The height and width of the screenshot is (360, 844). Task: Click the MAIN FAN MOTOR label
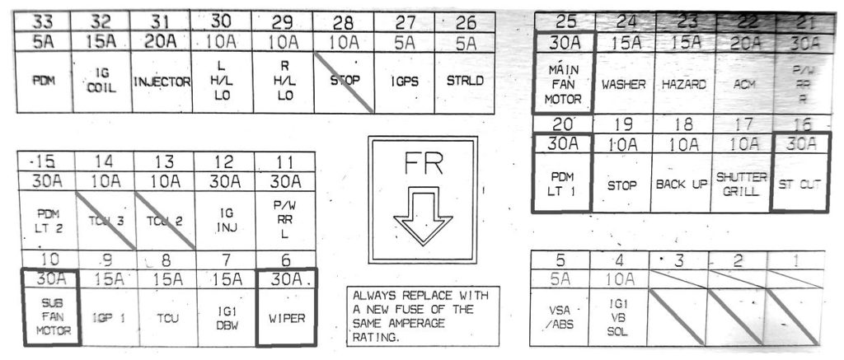[564, 84]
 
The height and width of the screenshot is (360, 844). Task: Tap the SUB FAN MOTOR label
[49, 316]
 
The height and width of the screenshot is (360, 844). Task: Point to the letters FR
[423, 165]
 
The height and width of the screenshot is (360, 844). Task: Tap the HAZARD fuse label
[679, 84]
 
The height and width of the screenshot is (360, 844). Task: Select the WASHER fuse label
[622, 84]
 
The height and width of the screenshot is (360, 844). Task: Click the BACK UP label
[681, 184]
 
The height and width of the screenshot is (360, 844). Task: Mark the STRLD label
[464, 82]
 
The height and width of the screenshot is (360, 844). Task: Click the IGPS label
[405, 82]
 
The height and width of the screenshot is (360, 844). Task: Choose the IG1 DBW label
[227, 316]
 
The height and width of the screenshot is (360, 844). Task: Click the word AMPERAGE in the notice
[409, 323]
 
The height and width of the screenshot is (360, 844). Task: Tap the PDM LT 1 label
[564, 183]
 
